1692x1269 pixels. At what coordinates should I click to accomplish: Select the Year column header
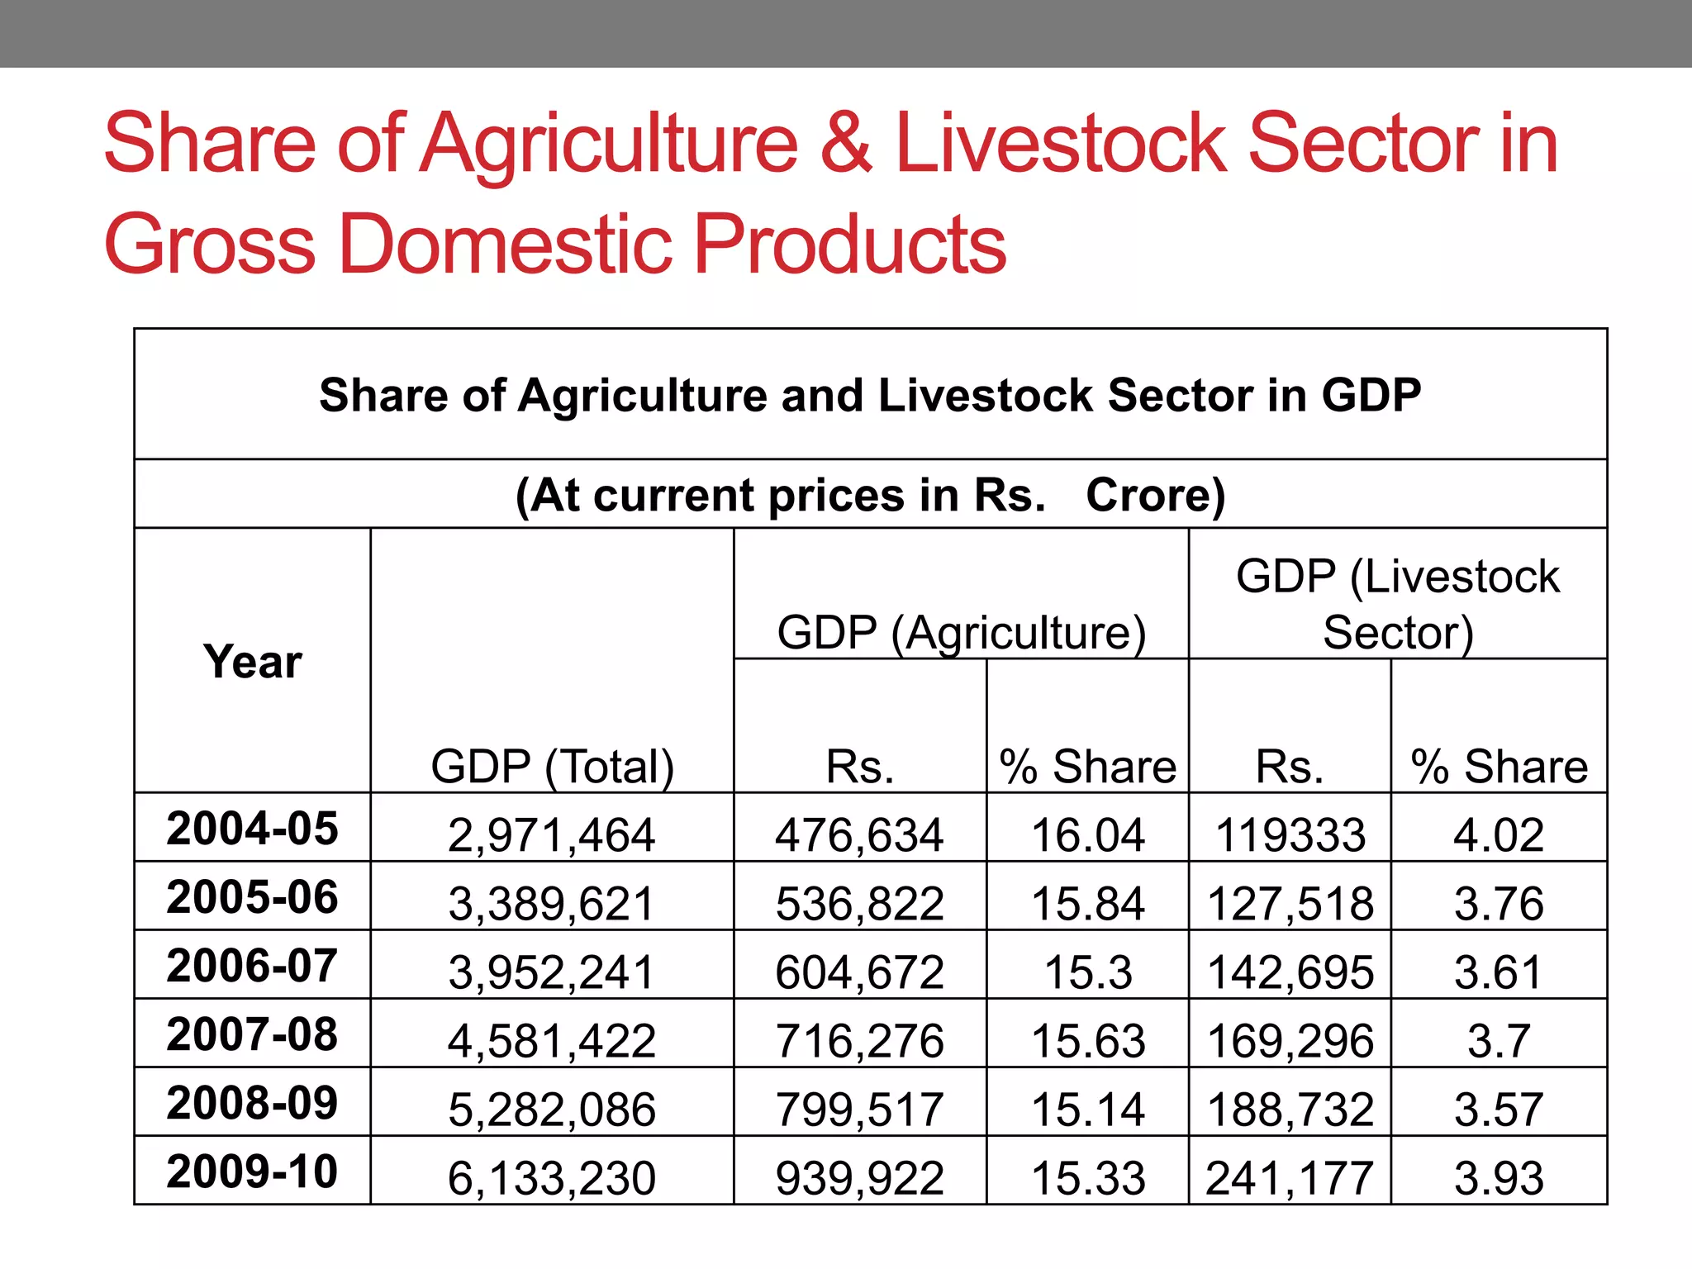tap(252, 662)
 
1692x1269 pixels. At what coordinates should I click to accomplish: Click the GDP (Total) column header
tap(552, 766)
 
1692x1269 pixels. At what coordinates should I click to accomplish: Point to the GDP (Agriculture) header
tap(961, 633)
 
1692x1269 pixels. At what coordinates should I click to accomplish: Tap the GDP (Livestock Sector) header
tap(1397, 604)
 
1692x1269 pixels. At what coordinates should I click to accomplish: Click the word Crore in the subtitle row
tap(1154, 495)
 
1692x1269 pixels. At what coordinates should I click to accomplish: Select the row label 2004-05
tap(252, 828)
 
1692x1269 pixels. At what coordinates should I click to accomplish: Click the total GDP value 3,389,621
tap(552, 903)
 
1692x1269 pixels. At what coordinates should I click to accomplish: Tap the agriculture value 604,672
tap(859, 972)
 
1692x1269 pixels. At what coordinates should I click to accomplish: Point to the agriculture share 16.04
tap(1087, 834)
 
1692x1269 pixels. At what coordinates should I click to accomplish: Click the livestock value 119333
tap(1290, 834)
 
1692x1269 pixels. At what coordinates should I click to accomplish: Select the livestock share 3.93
tap(1499, 1177)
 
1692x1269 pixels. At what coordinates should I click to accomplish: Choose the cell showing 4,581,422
tap(552, 1040)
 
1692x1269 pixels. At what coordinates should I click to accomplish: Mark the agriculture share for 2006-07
tap(1087, 972)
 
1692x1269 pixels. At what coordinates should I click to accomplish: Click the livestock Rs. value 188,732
tap(1290, 1109)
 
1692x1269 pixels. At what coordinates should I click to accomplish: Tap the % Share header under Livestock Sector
tap(1499, 766)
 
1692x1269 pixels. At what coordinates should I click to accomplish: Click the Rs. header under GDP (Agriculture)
tap(859, 766)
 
